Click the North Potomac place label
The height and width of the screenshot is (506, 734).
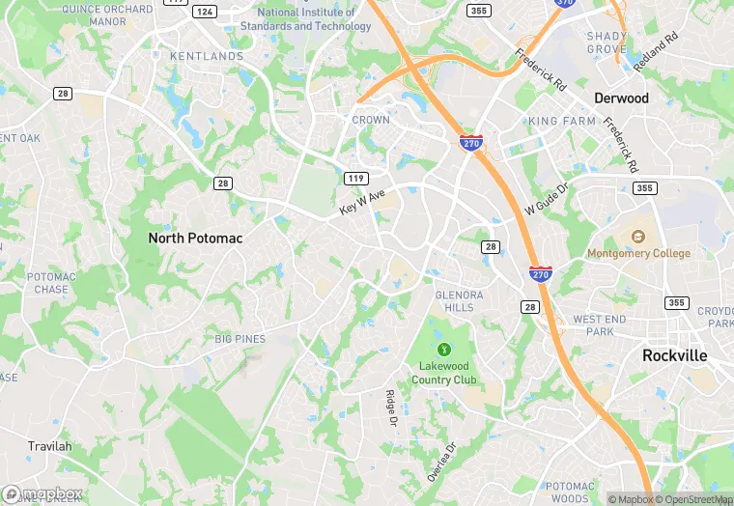tap(195, 238)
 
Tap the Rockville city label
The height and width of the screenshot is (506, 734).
tap(675, 355)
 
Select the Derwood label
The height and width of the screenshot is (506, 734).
tap(621, 98)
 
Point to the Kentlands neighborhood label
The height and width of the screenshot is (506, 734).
tap(207, 57)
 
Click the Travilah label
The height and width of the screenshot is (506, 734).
tap(49, 446)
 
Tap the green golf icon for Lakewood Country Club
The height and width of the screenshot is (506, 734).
tap(444, 349)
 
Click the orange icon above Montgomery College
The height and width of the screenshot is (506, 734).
tap(638, 236)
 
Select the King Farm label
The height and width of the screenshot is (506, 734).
tap(561, 122)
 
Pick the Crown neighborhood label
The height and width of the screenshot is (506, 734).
tap(371, 121)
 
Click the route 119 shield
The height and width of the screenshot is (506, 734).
tap(355, 179)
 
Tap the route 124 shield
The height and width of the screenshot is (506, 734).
tap(204, 11)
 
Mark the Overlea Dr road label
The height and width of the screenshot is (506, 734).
tap(440, 462)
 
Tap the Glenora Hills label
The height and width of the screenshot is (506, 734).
tap(455, 300)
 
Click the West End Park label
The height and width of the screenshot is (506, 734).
tap(600, 325)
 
